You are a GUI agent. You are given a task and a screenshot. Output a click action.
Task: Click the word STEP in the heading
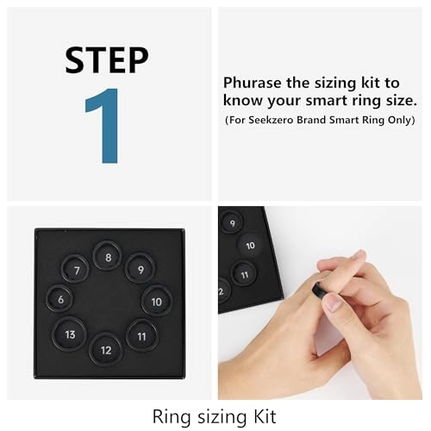pos(108,60)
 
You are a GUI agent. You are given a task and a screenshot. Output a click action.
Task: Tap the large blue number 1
pos(108,125)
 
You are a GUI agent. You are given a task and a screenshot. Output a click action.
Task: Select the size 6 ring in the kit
pos(60,299)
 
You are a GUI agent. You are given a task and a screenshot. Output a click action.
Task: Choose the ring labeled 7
pos(77,270)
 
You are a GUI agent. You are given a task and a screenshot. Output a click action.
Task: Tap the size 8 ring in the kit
pos(108,256)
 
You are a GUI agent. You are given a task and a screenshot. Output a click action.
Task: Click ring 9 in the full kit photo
pos(140,269)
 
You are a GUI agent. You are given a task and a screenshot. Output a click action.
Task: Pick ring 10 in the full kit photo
pos(156,302)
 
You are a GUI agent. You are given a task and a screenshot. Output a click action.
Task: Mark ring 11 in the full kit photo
pos(141,335)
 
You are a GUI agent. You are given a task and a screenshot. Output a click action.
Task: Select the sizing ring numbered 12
pos(106,349)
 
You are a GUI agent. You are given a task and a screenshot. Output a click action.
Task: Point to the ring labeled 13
pos(70,334)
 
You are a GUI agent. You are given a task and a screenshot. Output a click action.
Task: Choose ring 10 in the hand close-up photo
pos(250,246)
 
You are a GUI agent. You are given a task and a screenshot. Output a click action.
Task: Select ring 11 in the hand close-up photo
pos(245,276)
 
